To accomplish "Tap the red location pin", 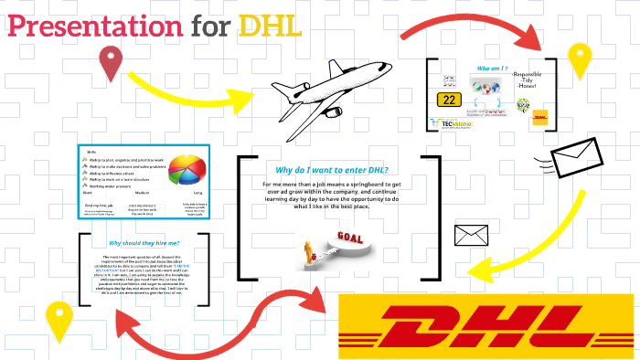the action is pyautogui.click(x=112, y=64).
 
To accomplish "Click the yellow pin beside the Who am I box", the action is pyautogui.click(x=579, y=60).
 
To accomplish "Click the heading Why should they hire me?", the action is pyautogui.click(x=144, y=243).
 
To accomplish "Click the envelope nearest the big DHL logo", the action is pyautogui.click(x=474, y=234).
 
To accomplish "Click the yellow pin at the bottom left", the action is pyautogui.click(x=61, y=323).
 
